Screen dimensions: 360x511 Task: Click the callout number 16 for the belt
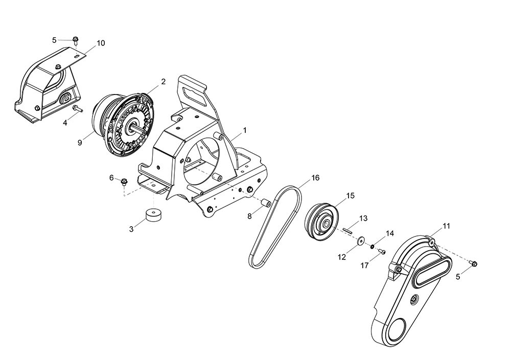(315, 178)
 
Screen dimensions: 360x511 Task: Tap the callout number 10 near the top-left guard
(101, 43)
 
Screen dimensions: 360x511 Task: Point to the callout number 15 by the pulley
(350, 196)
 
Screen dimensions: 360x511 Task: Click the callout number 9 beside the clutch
(80, 142)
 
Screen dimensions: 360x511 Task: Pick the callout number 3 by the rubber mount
(131, 229)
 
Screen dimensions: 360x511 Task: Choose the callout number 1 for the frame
(245, 130)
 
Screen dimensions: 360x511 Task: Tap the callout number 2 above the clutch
(163, 81)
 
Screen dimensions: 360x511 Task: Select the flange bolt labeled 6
(124, 181)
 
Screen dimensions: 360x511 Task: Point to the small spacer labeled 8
(265, 204)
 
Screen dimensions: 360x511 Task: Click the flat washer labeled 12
(361, 239)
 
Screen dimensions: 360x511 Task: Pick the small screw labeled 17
(381, 251)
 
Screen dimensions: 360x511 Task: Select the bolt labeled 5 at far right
(473, 263)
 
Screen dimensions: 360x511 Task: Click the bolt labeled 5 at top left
(76, 39)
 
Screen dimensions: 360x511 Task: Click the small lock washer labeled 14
(373, 247)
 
